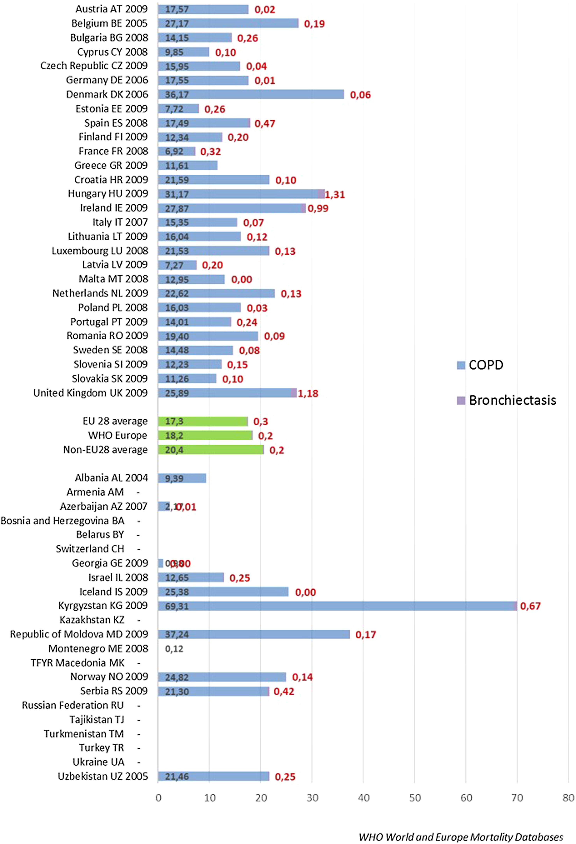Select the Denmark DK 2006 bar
(x=251, y=94)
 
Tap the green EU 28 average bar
(x=203, y=421)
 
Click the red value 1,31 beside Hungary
(x=335, y=195)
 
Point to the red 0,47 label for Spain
(x=265, y=123)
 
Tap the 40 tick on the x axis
(x=363, y=798)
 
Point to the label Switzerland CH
(x=90, y=549)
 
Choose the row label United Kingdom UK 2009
(x=90, y=393)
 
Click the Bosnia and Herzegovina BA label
(x=62, y=521)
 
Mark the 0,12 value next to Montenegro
(x=174, y=649)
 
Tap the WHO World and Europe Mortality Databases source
(x=461, y=837)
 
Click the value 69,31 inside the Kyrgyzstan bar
(x=177, y=606)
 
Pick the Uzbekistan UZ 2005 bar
(x=214, y=777)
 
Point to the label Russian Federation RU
(x=73, y=705)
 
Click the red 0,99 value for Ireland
(x=318, y=208)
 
